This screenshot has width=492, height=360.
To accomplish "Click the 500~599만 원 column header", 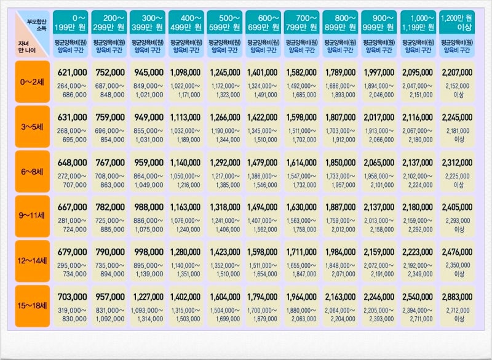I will click(224, 23).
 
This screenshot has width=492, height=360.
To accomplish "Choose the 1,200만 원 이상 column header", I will click(456, 23).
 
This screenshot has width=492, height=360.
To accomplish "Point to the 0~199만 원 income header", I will click(71, 23).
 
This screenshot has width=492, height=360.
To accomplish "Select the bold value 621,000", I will click(72, 73).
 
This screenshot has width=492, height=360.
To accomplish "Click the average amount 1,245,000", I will click(224, 73).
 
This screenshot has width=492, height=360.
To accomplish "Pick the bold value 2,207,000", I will click(456, 73).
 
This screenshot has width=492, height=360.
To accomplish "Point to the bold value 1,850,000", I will click(340, 162).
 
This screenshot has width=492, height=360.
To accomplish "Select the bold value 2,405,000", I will click(456, 207).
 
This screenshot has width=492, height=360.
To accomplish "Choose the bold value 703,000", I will click(72, 297).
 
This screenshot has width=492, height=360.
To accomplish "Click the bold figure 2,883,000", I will click(456, 297).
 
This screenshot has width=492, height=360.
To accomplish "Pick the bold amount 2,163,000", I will click(340, 297).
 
